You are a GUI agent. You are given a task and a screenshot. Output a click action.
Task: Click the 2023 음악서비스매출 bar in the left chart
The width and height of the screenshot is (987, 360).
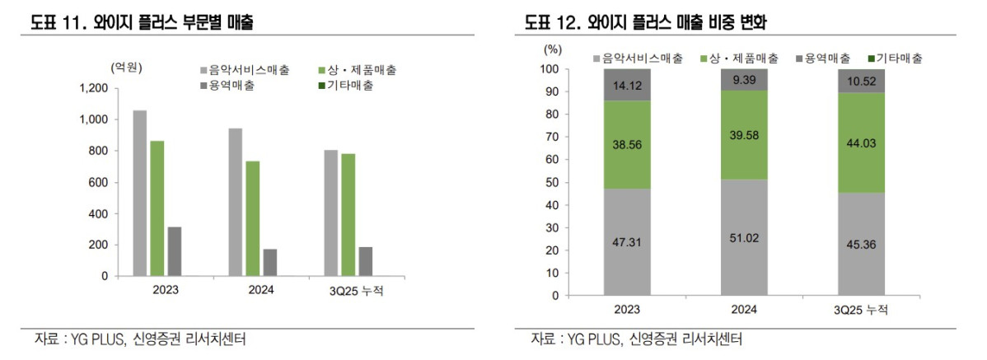[x=140, y=194]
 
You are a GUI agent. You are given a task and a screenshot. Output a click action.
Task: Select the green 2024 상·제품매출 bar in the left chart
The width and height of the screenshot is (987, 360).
[x=253, y=219]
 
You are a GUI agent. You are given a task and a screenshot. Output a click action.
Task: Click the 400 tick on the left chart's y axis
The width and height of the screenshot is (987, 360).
[x=98, y=214]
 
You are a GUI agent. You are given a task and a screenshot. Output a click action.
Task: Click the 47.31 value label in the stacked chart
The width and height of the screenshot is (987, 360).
[x=627, y=243]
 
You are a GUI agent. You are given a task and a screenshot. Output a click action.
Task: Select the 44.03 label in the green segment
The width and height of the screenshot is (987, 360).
[x=862, y=143]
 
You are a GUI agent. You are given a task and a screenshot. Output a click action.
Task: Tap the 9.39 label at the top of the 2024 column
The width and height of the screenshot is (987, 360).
[x=745, y=79]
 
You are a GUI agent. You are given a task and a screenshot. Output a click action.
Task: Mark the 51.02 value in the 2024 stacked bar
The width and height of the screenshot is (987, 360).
[x=745, y=237]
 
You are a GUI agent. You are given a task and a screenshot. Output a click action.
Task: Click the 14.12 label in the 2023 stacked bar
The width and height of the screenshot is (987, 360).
[x=627, y=84]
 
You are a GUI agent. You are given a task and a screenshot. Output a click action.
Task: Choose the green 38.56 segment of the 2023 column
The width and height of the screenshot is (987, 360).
[x=627, y=145]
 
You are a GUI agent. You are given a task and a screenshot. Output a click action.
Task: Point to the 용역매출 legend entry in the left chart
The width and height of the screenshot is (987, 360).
[x=232, y=86]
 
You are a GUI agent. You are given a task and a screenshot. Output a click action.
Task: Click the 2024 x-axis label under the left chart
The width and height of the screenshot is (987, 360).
[x=260, y=290]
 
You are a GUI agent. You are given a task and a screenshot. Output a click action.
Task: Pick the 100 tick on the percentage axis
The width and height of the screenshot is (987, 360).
[x=550, y=69]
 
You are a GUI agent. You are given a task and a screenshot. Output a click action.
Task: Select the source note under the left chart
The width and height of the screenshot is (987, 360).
[x=140, y=339]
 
